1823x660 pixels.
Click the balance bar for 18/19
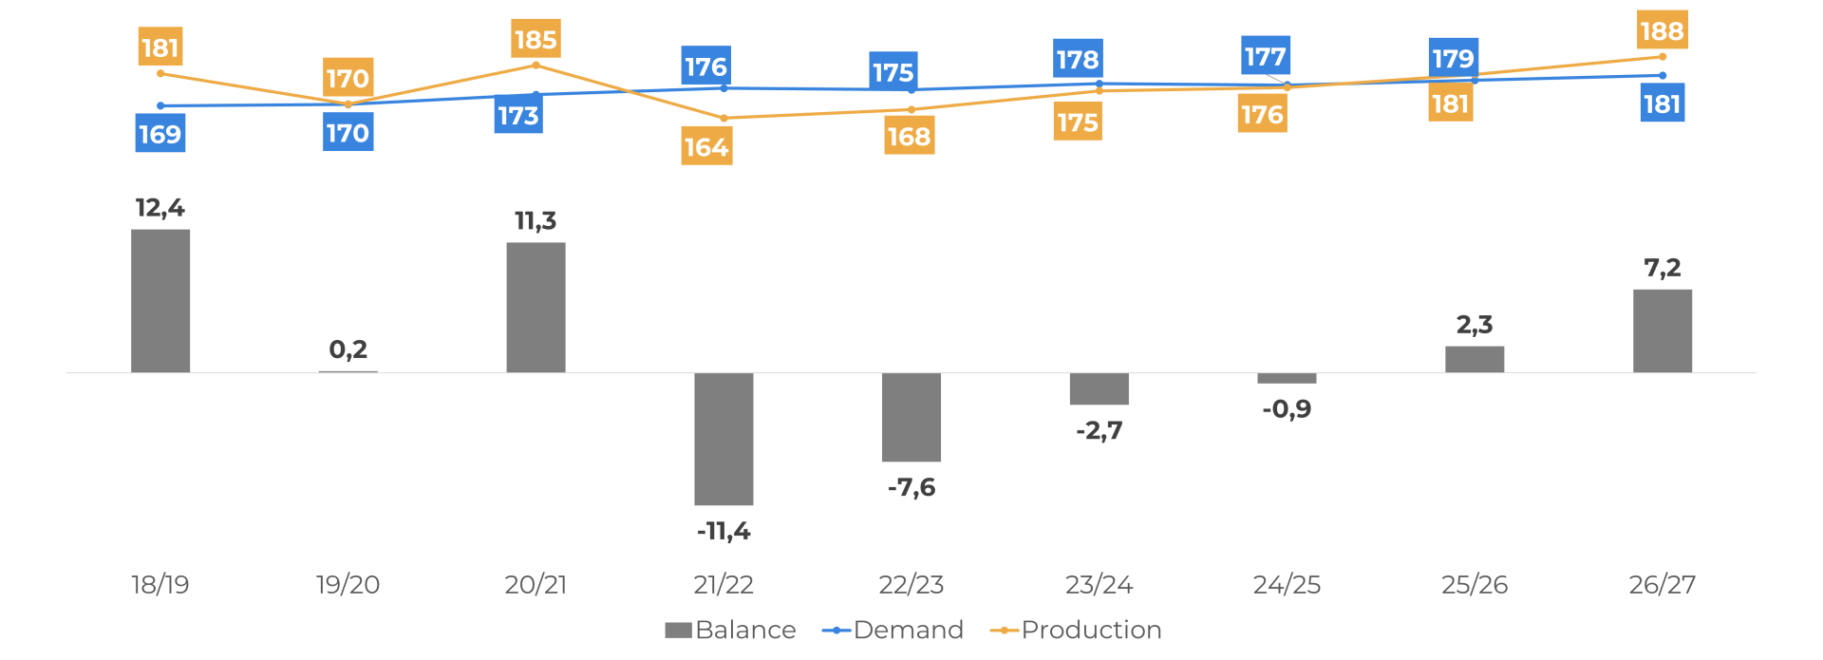tap(160, 300)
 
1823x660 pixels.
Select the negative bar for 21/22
tap(724, 439)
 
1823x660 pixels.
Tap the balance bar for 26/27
tap(1662, 330)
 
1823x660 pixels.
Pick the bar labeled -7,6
tap(911, 417)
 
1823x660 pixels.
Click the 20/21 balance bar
tap(536, 307)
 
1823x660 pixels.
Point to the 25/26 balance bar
tap(1475, 359)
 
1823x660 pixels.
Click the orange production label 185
tap(536, 39)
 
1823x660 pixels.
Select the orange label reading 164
tap(706, 147)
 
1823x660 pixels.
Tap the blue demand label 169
tap(160, 134)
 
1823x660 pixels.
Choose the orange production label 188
tap(1662, 30)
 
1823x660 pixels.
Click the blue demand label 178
tap(1078, 59)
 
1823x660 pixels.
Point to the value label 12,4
tap(160, 207)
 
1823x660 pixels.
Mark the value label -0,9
tap(1287, 409)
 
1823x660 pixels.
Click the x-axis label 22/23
tap(911, 584)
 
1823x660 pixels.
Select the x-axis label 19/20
tap(348, 584)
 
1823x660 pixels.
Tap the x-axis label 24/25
tap(1287, 584)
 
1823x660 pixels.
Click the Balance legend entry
tap(730, 630)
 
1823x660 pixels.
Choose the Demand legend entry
tap(893, 630)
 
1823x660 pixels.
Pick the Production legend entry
tap(1076, 630)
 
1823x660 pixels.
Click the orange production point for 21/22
tap(724, 119)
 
